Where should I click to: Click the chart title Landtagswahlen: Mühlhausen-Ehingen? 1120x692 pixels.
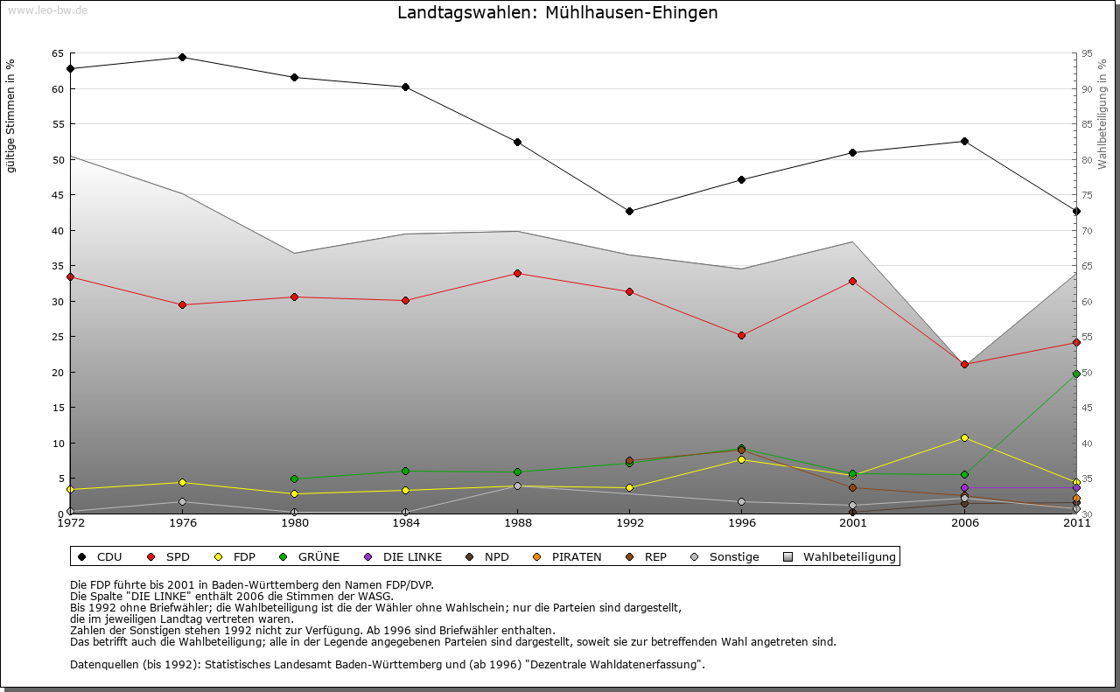tap(557, 13)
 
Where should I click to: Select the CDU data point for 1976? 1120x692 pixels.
tap(182, 58)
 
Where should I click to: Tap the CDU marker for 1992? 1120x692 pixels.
tap(629, 211)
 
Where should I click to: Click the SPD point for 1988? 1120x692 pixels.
tap(517, 273)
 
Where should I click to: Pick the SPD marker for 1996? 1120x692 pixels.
tap(741, 335)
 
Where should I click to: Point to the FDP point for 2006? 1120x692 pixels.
tap(964, 437)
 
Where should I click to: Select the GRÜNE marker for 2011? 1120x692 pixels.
tap(1076, 374)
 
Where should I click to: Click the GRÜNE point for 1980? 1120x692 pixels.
tap(294, 479)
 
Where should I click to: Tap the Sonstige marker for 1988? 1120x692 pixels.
tap(517, 486)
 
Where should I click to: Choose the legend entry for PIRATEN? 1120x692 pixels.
tap(568, 556)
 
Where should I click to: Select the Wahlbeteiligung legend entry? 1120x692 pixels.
tap(840, 556)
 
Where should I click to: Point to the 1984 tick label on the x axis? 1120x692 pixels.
tap(405, 523)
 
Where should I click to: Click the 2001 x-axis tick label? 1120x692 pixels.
tap(852, 523)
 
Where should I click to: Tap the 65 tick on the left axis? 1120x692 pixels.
tap(57, 53)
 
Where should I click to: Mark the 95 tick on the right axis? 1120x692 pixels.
tap(1088, 53)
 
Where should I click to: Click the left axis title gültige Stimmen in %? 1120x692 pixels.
tap(11, 115)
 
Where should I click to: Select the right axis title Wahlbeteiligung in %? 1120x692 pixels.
tap(1102, 114)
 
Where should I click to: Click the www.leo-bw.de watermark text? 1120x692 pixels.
tap(47, 10)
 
